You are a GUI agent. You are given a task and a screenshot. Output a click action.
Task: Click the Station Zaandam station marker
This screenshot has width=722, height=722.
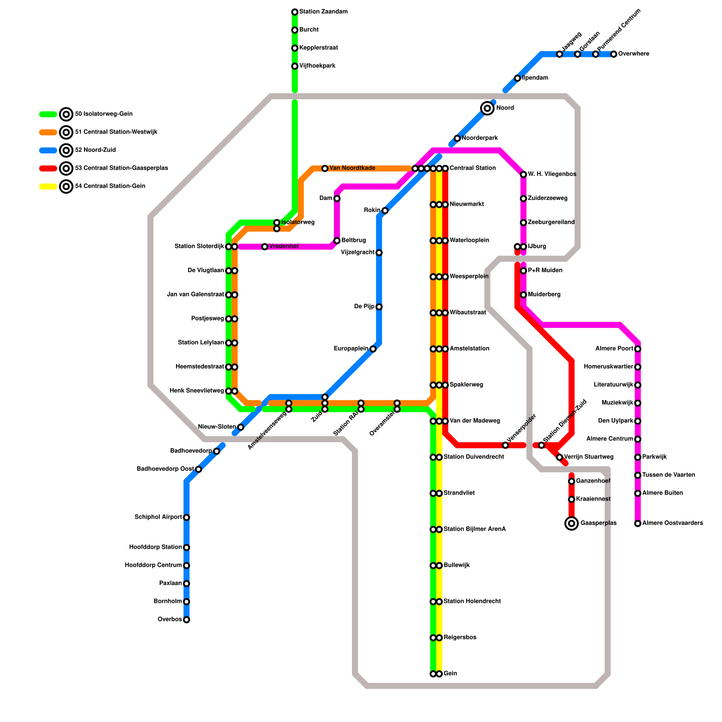pos(295,12)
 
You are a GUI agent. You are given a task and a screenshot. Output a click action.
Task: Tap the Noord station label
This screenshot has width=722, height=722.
pos(505,108)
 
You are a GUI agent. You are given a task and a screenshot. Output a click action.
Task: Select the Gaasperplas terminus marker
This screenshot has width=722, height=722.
pos(572,523)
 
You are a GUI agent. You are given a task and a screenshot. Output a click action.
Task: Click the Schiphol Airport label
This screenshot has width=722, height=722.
pos(158,517)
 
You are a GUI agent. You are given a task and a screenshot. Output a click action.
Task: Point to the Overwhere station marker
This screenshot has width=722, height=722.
pos(614,54)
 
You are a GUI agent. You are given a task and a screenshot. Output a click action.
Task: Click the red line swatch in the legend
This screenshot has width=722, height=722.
pos(48,168)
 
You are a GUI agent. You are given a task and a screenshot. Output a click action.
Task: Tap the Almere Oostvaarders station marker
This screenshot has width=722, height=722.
pos(638,523)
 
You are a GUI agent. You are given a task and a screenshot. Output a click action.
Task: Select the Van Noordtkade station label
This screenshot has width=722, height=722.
pos(352,168)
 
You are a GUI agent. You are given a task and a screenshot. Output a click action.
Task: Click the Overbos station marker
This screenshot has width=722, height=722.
pos(186,620)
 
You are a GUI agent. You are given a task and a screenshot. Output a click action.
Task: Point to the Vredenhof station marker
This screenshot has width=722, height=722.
pos(265,246)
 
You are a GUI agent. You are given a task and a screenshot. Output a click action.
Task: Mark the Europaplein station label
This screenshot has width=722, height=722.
pos(351,349)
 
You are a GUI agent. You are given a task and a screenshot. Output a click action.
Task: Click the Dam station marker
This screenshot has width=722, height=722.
pos(337,199)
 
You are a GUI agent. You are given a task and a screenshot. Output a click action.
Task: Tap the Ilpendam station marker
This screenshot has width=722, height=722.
pos(518,78)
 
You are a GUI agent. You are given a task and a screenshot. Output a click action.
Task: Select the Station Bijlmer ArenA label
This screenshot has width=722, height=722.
pos(474,529)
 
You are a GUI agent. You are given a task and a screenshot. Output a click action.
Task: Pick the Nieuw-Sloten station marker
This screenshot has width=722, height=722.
pos(241,427)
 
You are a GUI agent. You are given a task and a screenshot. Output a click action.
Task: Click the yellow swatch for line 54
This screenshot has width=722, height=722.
pos(48,186)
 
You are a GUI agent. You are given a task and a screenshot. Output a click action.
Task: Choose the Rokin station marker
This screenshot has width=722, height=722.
pos(385,210)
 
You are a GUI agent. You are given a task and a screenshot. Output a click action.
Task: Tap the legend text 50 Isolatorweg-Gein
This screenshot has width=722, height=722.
pos(103,114)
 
